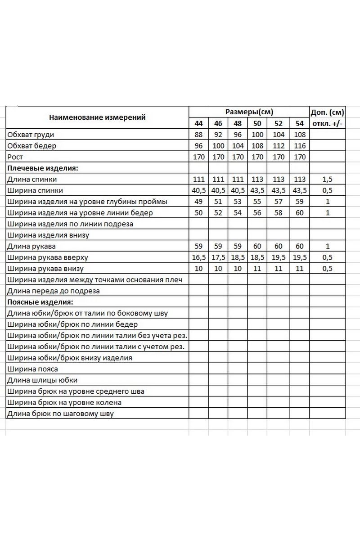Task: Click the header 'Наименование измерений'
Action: click(97, 117)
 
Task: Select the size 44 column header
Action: click(199, 123)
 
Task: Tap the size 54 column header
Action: click(300, 123)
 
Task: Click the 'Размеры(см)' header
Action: click(249, 112)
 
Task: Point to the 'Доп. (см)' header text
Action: click(327, 112)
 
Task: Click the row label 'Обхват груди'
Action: click(34, 135)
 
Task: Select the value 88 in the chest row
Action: click(199, 135)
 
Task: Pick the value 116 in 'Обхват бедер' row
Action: click(300, 146)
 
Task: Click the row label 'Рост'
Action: click(15, 157)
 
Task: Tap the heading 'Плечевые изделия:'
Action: click(42, 168)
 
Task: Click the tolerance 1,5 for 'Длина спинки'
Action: click(327, 179)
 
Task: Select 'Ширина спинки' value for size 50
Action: click(257, 190)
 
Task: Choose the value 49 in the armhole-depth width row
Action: click(199, 202)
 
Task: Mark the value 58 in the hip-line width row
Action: click(279, 213)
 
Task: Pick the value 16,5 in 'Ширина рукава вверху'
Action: click(199, 257)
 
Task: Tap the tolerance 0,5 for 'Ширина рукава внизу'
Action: click(327, 269)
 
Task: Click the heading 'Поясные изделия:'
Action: click(40, 302)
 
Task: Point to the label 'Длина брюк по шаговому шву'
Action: click(61, 414)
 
